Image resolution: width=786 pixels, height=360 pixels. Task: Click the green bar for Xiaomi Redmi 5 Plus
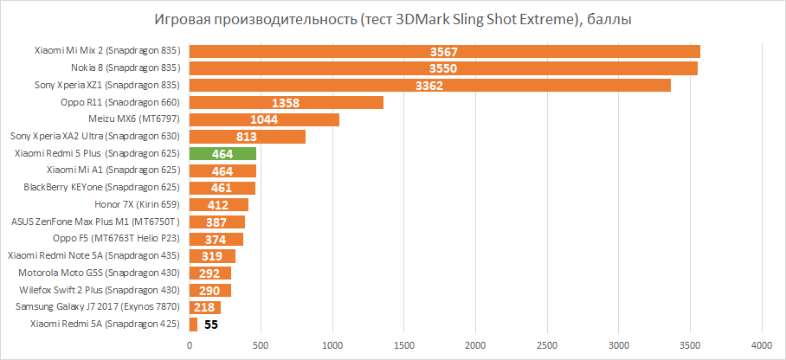pyautogui.click(x=222, y=153)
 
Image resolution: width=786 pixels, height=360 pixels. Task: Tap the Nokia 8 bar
pyautogui.click(x=443, y=68)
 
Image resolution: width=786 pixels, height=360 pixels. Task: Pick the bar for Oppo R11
pyautogui.click(x=286, y=102)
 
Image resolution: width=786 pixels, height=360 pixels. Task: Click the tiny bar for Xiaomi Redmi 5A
pyautogui.click(x=193, y=325)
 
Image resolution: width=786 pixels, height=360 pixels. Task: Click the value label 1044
pyautogui.click(x=264, y=119)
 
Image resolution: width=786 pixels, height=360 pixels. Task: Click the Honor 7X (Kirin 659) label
pyautogui.click(x=136, y=204)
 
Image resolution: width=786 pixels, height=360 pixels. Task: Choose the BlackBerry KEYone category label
pyautogui.click(x=101, y=187)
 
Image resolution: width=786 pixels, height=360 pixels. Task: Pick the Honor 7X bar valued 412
pyautogui.click(x=219, y=204)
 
